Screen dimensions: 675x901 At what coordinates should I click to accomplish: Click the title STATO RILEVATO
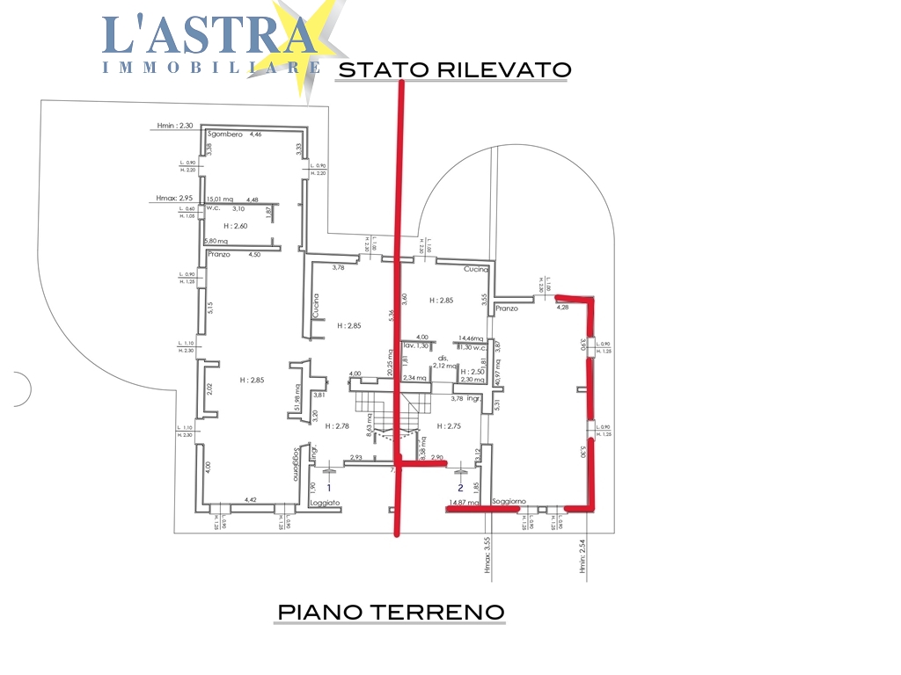tap(454, 69)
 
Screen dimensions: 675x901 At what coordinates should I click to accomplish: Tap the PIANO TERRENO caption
tap(391, 611)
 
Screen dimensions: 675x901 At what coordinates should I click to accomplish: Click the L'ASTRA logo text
tap(209, 35)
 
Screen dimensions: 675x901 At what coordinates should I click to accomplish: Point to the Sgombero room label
tap(225, 134)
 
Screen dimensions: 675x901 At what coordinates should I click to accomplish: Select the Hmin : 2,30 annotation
tap(174, 126)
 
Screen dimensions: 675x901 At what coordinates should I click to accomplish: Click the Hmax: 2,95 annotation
tap(173, 199)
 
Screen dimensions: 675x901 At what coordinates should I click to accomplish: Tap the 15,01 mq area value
tap(219, 200)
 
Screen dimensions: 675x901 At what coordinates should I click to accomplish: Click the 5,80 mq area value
tap(216, 241)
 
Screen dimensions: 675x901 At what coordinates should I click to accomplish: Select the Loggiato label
tap(325, 503)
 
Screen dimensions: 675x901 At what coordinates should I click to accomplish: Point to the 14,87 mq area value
tap(464, 504)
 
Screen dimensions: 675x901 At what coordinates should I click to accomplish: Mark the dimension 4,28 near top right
tap(563, 308)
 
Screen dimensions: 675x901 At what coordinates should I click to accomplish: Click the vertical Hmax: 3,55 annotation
tap(486, 557)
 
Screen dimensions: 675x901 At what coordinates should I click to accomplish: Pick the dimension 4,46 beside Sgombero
tap(256, 134)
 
